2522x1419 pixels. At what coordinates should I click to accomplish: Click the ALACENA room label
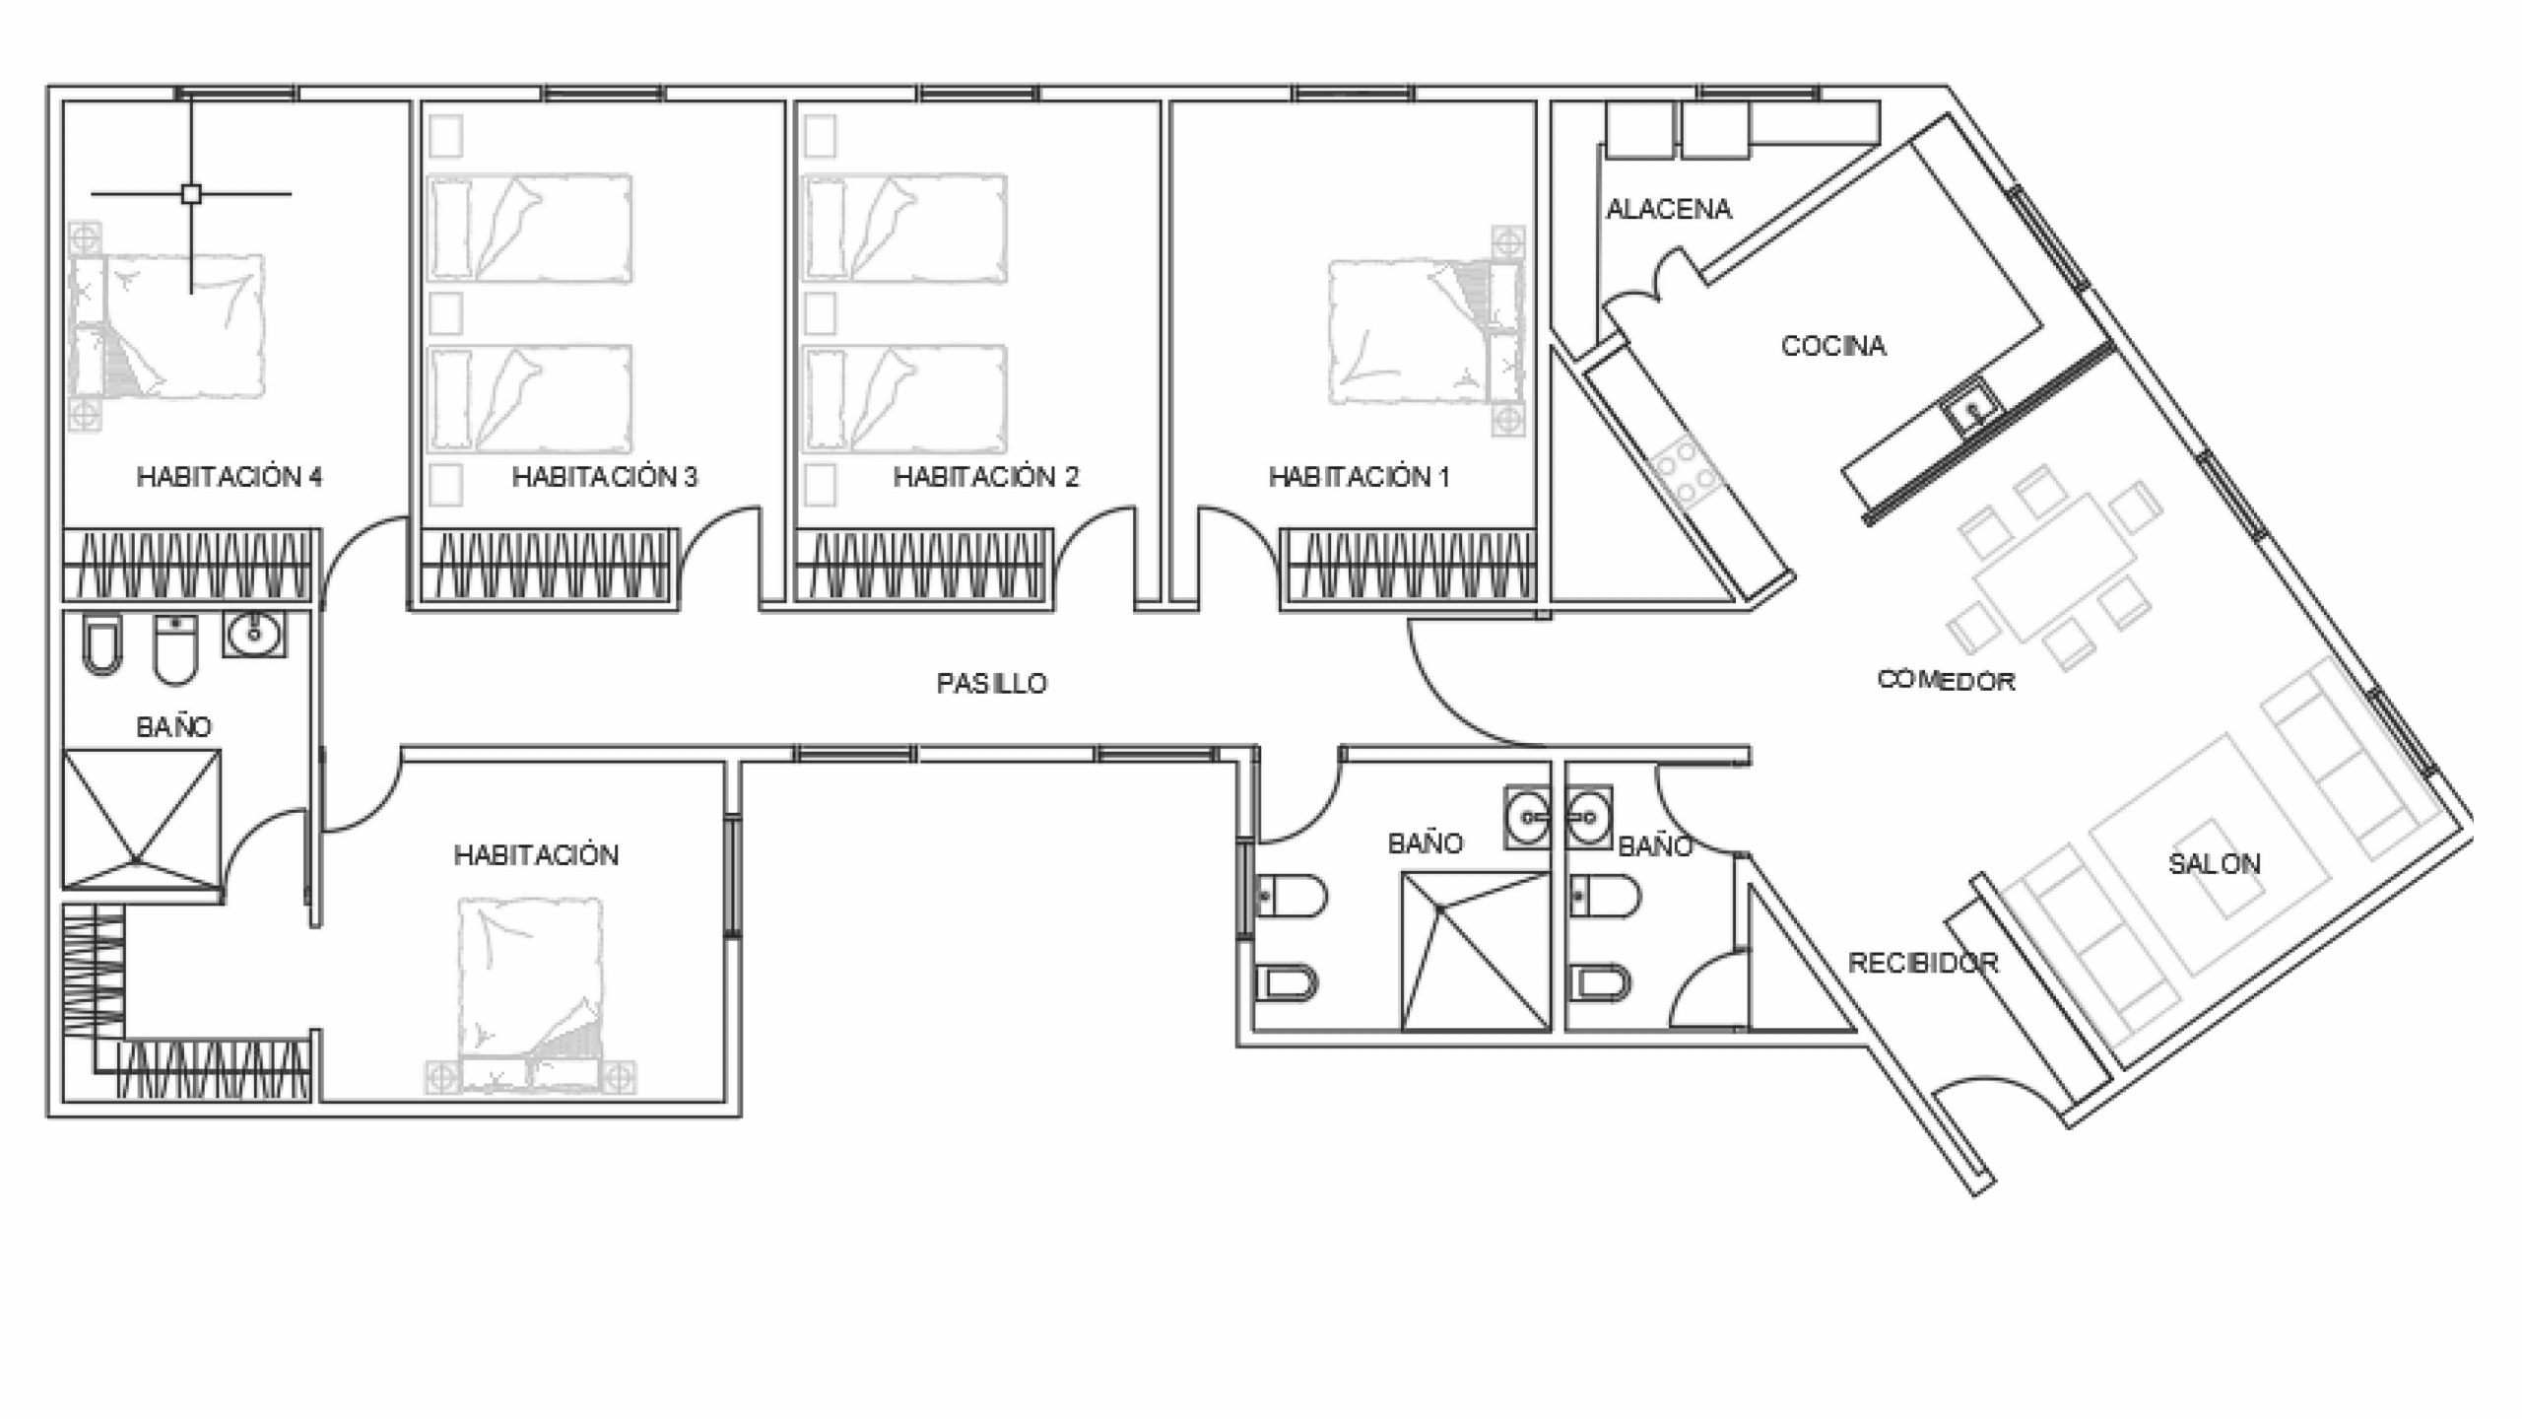tap(1669, 209)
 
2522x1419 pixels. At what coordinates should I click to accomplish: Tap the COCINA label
tap(1833, 346)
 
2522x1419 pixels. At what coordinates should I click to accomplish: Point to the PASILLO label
tap(991, 683)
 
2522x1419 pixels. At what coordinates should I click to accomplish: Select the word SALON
tap(2215, 864)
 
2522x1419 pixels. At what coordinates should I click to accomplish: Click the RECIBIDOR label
tap(1923, 963)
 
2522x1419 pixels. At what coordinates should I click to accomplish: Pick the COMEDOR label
tap(1946, 680)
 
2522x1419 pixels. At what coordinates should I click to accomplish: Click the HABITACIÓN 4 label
tap(230, 477)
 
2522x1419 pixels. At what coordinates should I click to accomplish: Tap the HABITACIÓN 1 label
tap(1360, 477)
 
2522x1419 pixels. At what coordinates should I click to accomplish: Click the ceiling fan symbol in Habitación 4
tap(192, 194)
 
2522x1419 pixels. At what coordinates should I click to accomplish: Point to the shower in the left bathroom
tap(142, 820)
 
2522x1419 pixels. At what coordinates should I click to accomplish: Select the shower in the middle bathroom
tap(1476, 951)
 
